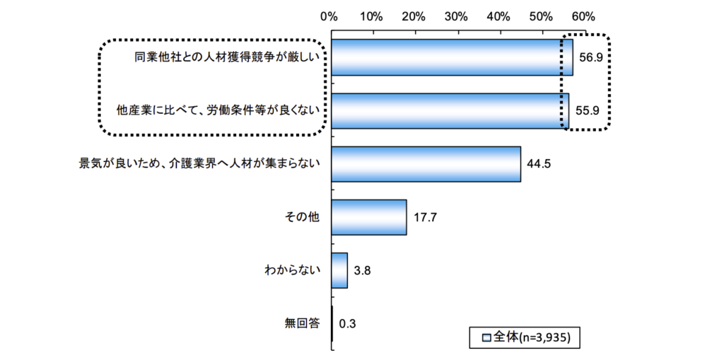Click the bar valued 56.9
[x=451, y=57]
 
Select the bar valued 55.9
[x=449, y=110]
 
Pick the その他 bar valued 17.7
[x=368, y=217]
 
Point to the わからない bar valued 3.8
[x=339, y=270]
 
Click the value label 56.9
[x=590, y=58]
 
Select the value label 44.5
[x=539, y=164]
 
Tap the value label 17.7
[x=425, y=217]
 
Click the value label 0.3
[x=347, y=324]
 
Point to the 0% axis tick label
[x=329, y=15]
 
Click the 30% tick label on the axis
[x=456, y=15]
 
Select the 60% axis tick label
[x=583, y=15]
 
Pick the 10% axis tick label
[x=371, y=15]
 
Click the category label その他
[x=302, y=217]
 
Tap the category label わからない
[x=292, y=270]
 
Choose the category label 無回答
[x=302, y=324]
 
